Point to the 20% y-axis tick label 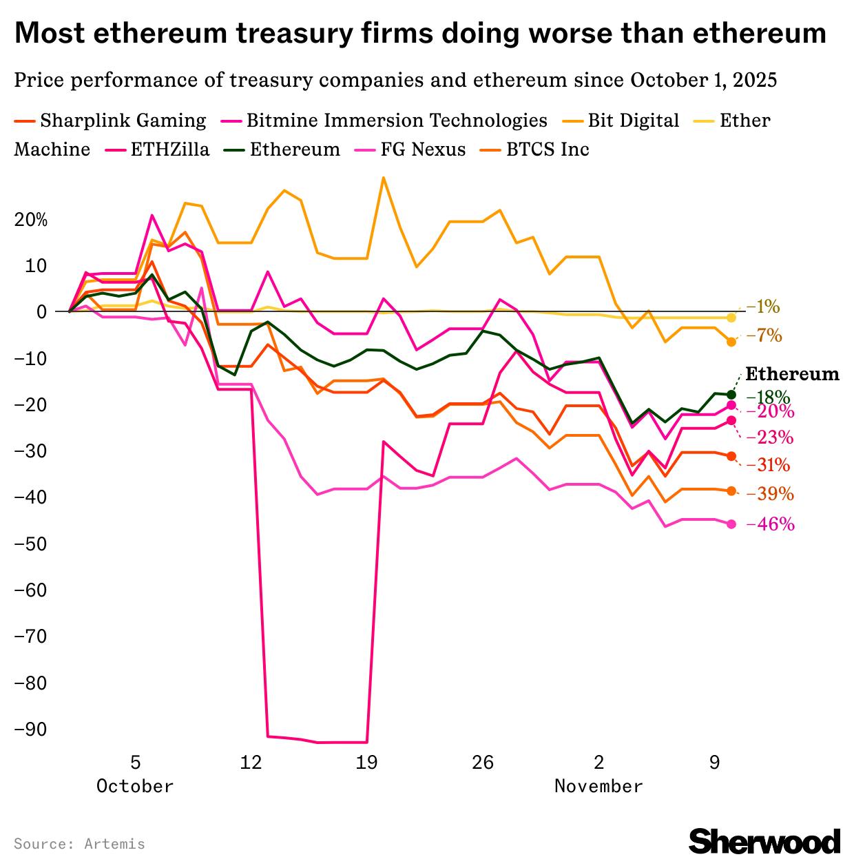pos(31,220)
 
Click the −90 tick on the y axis pos(31,730)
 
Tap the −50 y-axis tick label pos(31,544)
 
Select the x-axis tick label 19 pos(366,763)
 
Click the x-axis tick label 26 pos(483,763)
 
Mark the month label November pos(598,786)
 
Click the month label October pos(135,786)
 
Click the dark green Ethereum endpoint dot pos(731,395)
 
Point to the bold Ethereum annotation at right pos(793,374)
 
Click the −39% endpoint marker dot pos(731,491)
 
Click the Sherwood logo pos(764,842)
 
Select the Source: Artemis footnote pos(79,844)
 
